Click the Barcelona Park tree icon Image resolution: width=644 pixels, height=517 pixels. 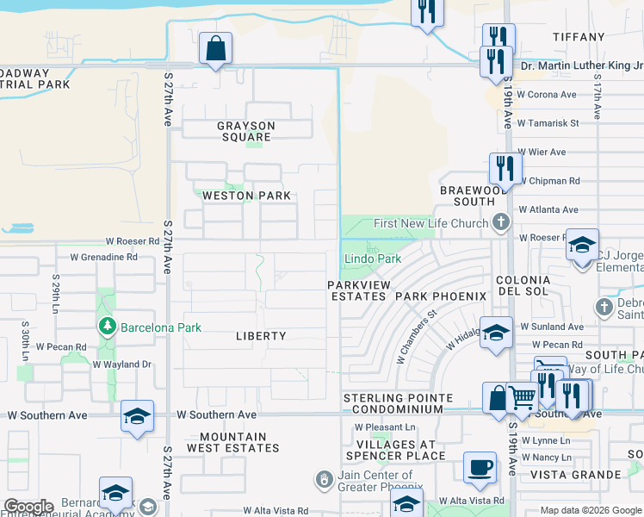108,327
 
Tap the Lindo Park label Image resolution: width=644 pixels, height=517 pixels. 373,258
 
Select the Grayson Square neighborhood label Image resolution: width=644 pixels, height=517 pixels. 245,131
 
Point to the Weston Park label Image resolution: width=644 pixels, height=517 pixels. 246,196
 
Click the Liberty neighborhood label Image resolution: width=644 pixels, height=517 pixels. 261,336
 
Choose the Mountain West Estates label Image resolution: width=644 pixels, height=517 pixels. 233,442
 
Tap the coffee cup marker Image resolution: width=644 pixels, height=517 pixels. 480,468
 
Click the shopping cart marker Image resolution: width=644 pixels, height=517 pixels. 522,397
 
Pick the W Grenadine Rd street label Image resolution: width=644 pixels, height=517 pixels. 103,257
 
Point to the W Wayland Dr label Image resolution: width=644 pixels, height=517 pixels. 121,364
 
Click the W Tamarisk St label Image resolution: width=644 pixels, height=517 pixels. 548,123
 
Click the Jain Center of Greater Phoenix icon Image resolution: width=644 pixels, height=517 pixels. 325,477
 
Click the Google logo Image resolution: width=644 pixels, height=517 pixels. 28,507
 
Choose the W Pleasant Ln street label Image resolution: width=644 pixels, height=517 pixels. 385,427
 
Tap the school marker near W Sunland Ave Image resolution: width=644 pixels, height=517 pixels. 496,332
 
